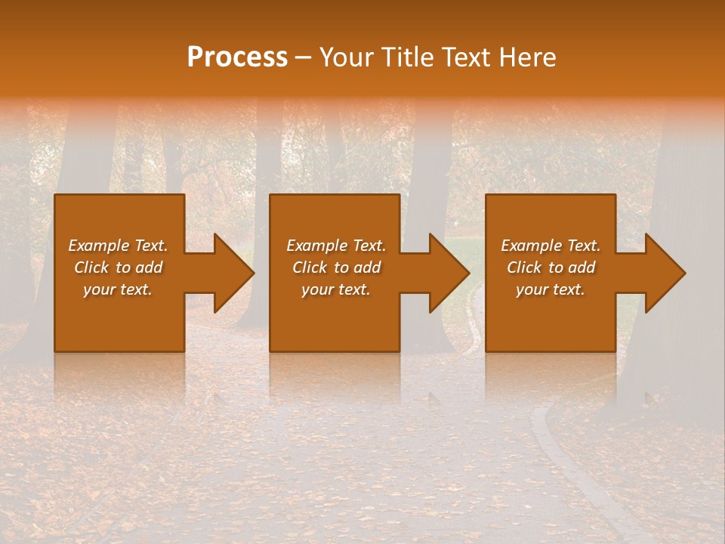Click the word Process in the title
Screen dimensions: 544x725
(237, 57)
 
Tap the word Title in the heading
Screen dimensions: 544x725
(408, 57)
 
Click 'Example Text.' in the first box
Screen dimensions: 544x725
(118, 246)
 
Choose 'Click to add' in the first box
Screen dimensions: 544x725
(118, 267)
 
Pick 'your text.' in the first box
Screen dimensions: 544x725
(118, 289)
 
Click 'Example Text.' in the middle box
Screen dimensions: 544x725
(336, 246)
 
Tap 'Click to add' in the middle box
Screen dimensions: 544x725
(336, 267)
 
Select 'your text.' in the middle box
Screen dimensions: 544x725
(336, 289)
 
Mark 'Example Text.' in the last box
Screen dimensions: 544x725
(551, 246)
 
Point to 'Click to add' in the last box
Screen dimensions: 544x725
(551, 267)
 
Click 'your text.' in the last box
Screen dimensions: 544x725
(551, 289)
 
